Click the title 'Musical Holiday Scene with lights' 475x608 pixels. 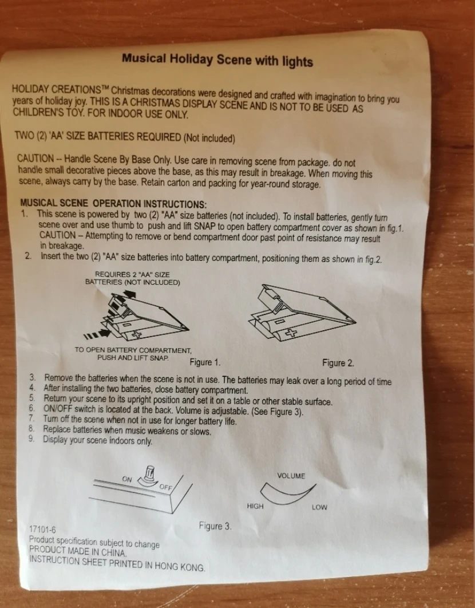click(217, 60)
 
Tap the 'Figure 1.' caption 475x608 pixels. click(205, 362)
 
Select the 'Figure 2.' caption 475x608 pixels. click(338, 363)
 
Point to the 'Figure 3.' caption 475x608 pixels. click(215, 526)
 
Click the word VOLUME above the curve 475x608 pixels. click(291, 476)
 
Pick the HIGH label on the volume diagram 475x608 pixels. click(255, 506)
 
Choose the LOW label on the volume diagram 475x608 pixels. click(319, 507)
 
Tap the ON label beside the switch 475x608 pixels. click(127, 479)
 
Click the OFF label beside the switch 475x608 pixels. click(166, 487)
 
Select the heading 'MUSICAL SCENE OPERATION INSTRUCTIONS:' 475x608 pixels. click(113, 204)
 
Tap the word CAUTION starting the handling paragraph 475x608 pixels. click(35, 158)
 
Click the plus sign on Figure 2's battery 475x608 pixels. click(291, 332)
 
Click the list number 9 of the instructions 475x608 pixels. click(31, 439)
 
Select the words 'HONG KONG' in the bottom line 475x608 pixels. click(180, 566)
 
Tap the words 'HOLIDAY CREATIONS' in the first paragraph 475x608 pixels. click(57, 89)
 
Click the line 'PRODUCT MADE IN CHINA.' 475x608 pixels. click(78, 551)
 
